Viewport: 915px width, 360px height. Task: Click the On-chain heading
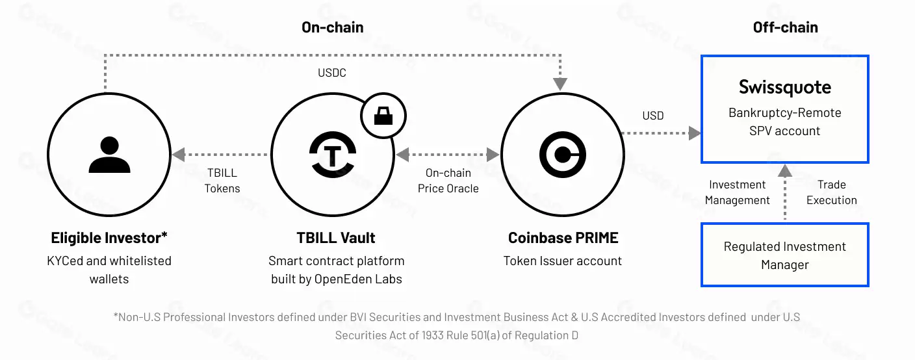click(x=332, y=27)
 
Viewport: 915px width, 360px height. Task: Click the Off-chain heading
click(x=785, y=27)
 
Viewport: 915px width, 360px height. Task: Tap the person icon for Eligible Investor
click(x=105, y=155)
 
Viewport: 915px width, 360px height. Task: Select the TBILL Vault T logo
click(x=332, y=155)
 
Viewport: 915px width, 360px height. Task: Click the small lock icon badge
click(x=383, y=116)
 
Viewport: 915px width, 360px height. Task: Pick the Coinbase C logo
click(x=563, y=155)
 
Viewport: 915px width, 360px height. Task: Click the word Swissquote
click(x=784, y=87)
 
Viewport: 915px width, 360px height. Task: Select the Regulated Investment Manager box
click(x=784, y=255)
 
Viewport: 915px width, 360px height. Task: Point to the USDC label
click(x=332, y=73)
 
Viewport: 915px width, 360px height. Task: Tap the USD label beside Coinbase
click(x=653, y=116)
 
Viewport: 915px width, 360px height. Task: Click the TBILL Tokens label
click(x=222, y=181)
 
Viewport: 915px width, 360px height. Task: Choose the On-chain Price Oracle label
click(x=448, y=181)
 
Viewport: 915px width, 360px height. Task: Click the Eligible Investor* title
click(x=109, y=238)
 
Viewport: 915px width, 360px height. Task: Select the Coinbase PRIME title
click(x=563, y=238)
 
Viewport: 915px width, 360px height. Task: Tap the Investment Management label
click(x=737, y=192)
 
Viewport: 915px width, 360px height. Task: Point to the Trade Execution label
click(x=831, y=192)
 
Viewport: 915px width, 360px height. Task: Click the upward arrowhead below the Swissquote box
click(x=785, y=171)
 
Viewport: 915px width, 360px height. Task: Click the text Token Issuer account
click(x=563, y=261)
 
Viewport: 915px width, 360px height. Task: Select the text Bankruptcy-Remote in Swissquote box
click(x=784, y=112)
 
